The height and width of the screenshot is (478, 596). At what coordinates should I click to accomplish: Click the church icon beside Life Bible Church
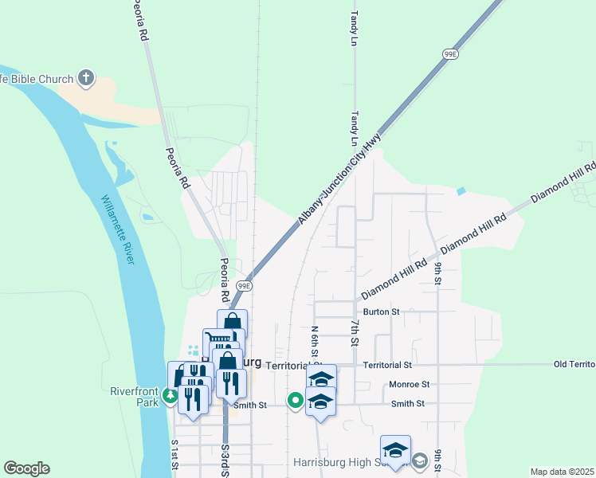click(x=87, y=79)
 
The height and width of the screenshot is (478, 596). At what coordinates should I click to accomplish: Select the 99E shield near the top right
click(x=451, y=53)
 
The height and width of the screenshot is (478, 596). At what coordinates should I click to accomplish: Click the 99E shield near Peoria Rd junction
click(x=244, y=285)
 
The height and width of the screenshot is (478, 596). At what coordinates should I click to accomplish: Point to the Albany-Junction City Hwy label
click(x=340, y=179)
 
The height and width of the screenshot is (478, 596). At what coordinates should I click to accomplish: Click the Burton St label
click(x=380, y=311)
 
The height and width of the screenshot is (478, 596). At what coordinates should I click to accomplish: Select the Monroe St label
click(x=410, y=383)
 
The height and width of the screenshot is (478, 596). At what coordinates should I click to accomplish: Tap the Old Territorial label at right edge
click(x=574, y=364)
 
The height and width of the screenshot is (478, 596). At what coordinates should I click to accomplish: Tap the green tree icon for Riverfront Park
click(x=169, y=396)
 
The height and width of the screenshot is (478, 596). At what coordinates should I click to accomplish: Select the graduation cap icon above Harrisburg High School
click(x=395, y=451)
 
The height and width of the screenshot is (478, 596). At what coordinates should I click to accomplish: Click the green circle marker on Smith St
click(x=295, y=400)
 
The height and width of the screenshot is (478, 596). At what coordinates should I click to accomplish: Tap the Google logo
click(x=26, y=468)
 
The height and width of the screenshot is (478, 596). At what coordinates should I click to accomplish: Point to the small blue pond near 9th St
click(x=461, y=192)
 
